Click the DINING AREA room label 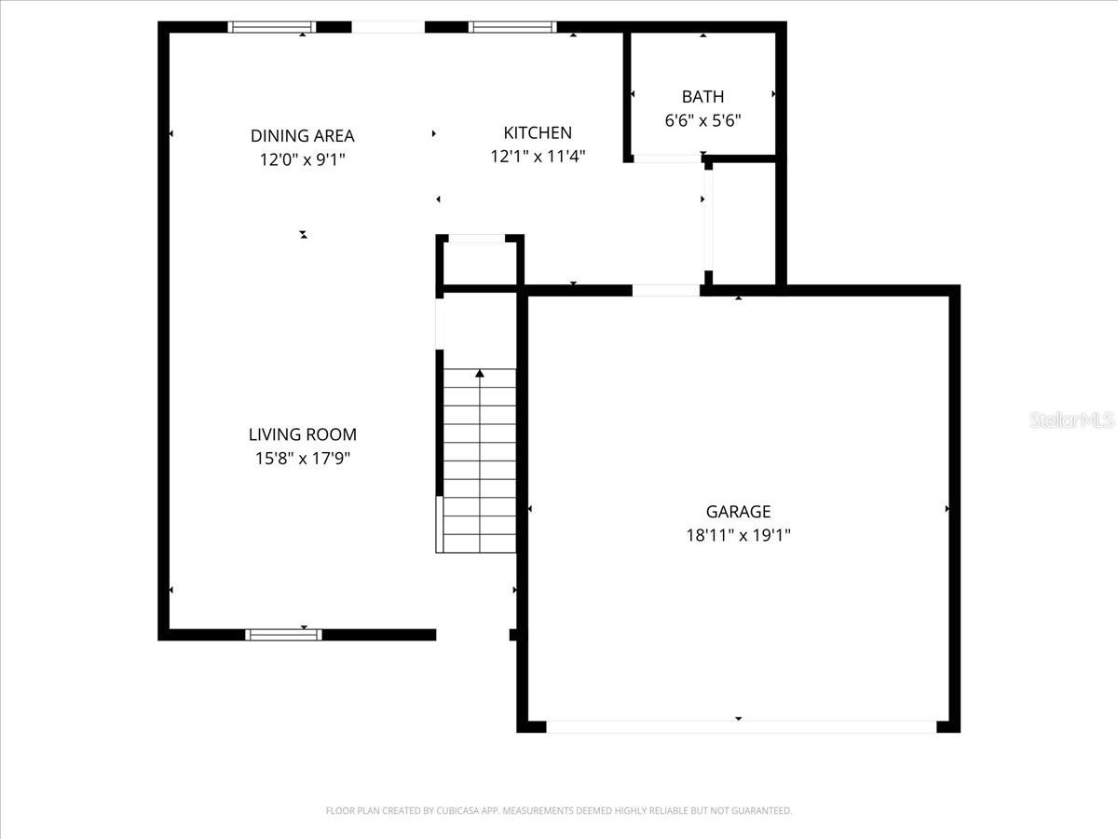click(302, 136)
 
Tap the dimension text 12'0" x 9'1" click(302, 160)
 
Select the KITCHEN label click(538, 133)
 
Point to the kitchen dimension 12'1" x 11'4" click(538, 157)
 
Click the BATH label click(702, 96)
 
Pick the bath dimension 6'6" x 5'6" click(702, 120)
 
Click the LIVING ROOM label click(302, 434)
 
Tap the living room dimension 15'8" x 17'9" click(302, 459)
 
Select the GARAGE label click(738, 511)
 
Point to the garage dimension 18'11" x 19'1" click(738, 535)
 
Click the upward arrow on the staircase click(480, 375)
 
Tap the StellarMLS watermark click(1070, 420)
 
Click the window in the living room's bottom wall click(283, 635)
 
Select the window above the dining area click(272, 27)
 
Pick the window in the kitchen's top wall click(512, 27)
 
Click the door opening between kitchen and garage click(666, 291)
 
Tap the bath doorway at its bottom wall click(667, 158)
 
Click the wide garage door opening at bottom click(741, 726)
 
